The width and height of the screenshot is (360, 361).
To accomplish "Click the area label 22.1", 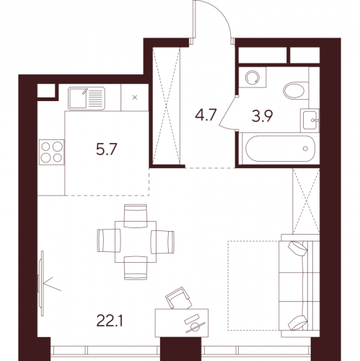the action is pos(110,321).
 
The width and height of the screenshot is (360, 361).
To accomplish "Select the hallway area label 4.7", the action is pos(206,115).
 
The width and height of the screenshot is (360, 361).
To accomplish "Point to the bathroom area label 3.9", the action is pos(262,116).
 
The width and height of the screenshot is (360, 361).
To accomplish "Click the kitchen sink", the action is pos(87,98).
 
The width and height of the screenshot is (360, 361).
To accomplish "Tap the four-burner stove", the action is pos(52,152).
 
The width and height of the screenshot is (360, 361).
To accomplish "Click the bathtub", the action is pos(281,149).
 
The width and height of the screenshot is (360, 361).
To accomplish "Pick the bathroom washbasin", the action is pos(310,120).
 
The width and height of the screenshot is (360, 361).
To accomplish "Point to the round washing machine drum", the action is pos(253,77).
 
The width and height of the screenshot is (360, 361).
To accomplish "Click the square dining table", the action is pos(136,242).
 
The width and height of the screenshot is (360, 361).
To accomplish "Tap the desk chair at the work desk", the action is pos(178,298).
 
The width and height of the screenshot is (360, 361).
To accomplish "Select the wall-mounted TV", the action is pos(41,283).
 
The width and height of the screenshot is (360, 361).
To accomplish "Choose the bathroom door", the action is pos(228,112).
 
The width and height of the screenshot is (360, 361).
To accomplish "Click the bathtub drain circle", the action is pos(305,149).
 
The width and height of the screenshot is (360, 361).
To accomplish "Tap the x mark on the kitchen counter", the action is pos(135,97).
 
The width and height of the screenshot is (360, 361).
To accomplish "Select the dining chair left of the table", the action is pos(109,241).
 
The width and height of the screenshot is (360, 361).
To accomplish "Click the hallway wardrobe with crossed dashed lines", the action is pos(167,106).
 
